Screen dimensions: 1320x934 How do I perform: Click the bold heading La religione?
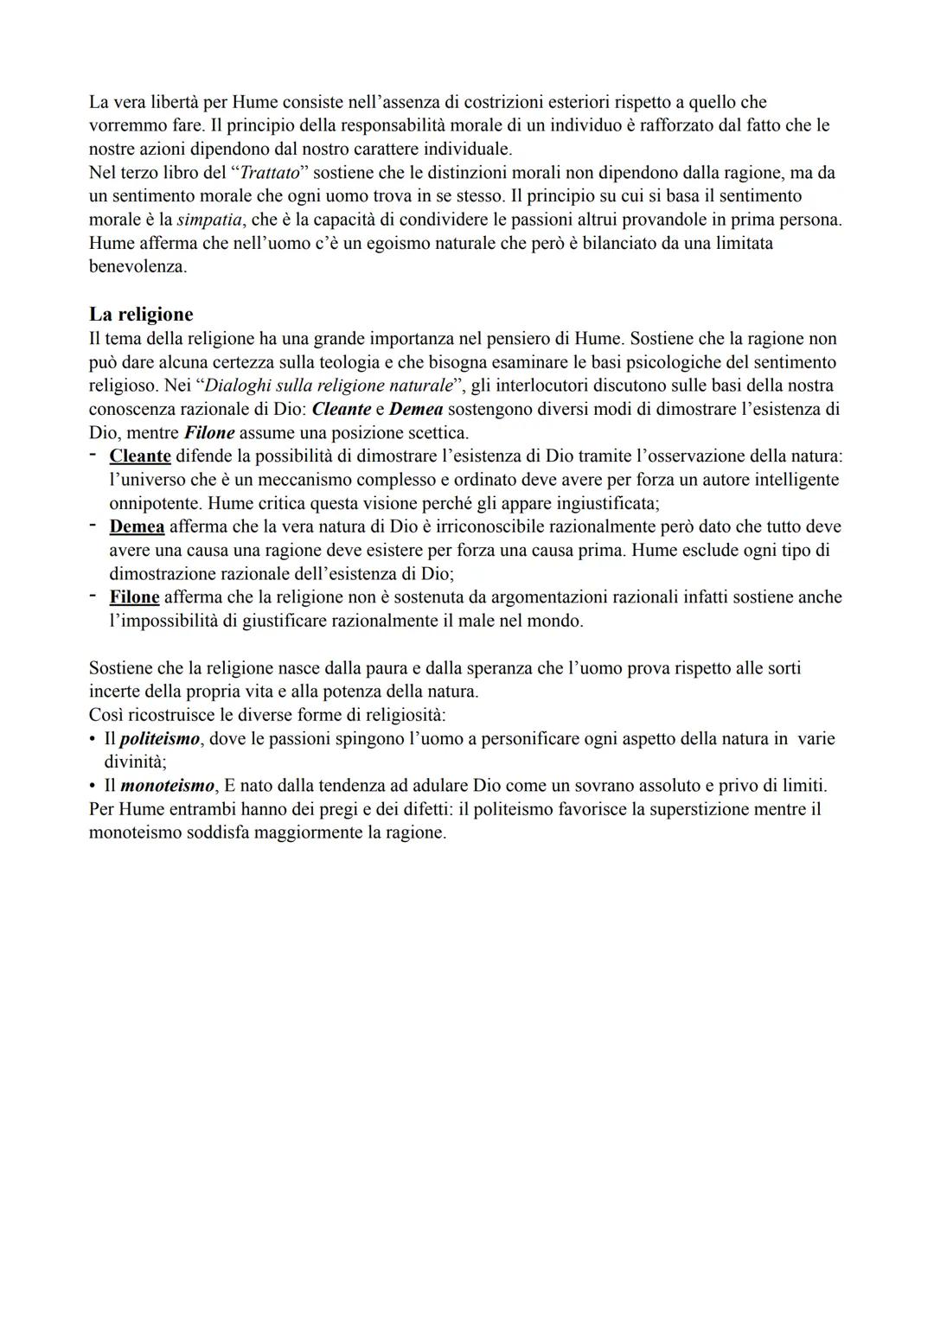click(141, 314)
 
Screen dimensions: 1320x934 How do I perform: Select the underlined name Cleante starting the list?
click(140, 456)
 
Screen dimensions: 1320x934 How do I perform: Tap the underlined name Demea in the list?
click(137, 526)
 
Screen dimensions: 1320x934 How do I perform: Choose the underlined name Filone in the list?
click(134, 596)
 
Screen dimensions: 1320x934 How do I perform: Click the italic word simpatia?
click(208, 220)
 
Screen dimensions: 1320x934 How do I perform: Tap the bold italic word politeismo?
click(160, 739)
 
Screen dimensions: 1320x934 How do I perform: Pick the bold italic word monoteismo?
click(166, 786)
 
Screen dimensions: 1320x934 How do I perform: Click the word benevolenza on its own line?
click(138, 266)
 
